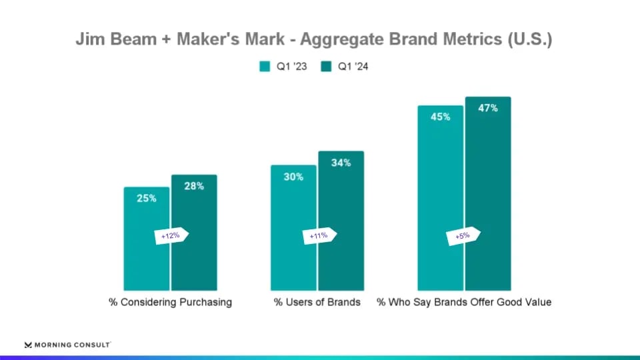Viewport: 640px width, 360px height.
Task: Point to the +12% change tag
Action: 171,236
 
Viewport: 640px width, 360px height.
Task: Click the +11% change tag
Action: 319,236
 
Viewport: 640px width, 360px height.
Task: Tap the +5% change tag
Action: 463,236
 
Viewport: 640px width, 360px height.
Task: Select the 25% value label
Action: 147,198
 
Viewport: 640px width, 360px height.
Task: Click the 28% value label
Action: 194,186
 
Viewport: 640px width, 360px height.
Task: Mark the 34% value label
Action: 341,163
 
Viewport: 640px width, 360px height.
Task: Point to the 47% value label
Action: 488,108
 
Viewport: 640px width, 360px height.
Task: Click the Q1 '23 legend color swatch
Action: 264,67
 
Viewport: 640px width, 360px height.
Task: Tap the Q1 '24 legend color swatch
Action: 325,67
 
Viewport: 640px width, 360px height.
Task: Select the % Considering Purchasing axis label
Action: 171,302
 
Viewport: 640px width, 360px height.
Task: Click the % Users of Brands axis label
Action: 317,302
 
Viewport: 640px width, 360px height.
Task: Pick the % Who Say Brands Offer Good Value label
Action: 464,302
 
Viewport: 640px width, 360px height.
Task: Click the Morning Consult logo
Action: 67,345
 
